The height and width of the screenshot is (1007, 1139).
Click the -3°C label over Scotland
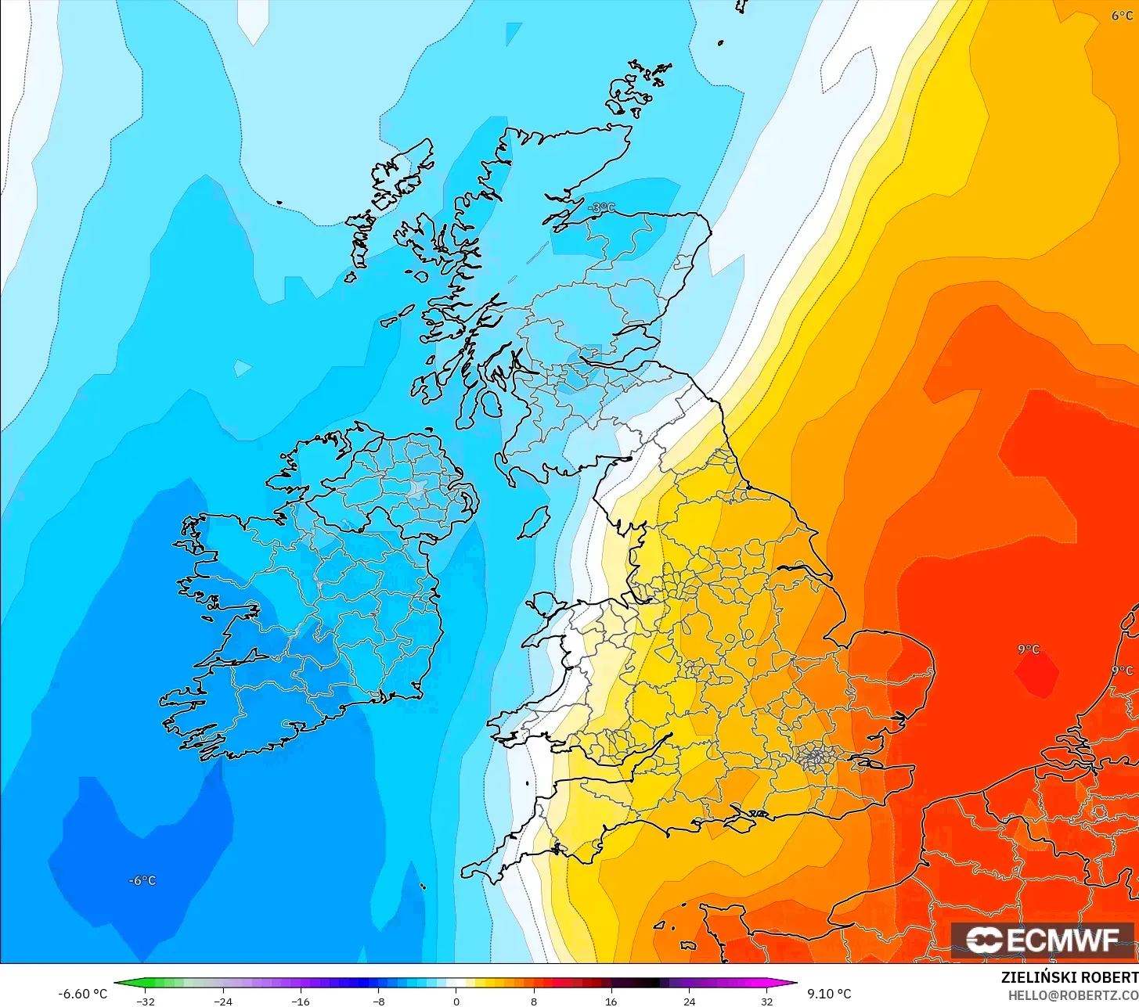tap(602, 207)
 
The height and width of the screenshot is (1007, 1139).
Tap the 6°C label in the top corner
tap(1122, 16)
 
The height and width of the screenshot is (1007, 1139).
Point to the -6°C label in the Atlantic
tap(142, 880)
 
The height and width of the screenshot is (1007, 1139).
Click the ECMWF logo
tap(1042, 940)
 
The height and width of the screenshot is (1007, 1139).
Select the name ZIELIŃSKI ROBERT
tap(1069, 977)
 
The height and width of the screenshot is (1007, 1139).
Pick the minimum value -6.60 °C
tap(82, 994)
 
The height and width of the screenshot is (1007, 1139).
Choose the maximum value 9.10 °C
tap(829, 994)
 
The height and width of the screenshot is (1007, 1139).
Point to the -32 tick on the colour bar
tap(146, 1001)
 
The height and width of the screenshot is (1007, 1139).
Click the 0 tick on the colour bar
tap(456, 1001)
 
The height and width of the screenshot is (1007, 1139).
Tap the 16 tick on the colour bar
tap(611, 1001)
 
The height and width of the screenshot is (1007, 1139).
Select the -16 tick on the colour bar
tap(301, 1001)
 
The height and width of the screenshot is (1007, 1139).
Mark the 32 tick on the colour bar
tap(766, 1001)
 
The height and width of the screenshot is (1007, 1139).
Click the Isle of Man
tap(535, 522)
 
